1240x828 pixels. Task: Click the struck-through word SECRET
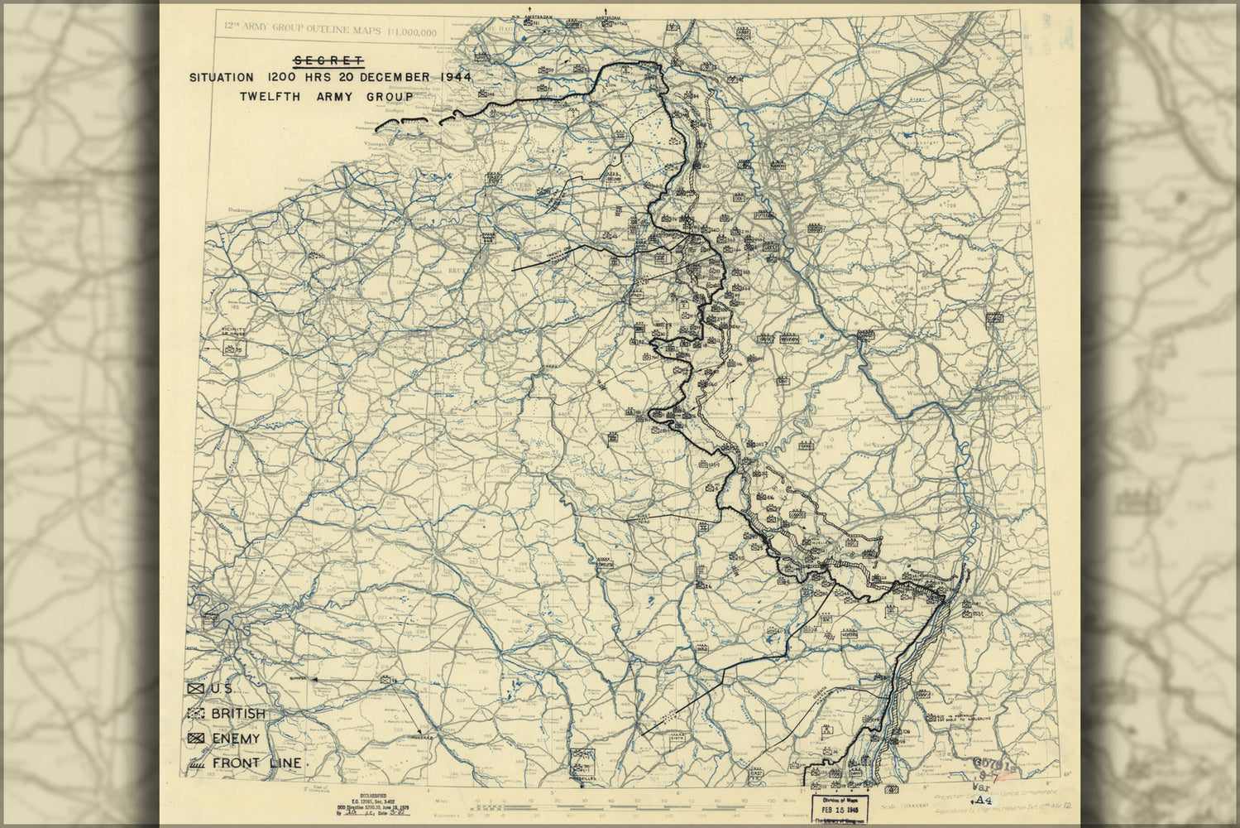(x=328, y=60)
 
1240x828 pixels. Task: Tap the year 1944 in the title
(x=456, y=77)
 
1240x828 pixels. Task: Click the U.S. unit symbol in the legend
(x=196, y=689)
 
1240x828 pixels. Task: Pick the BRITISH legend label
(x=238, y=714)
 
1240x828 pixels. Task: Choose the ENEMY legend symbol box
(x=196, y=739)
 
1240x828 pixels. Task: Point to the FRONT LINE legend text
(x=256, y=763)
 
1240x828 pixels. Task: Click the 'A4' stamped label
(x=983, y=801)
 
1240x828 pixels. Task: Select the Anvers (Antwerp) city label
(x=494, y=178)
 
